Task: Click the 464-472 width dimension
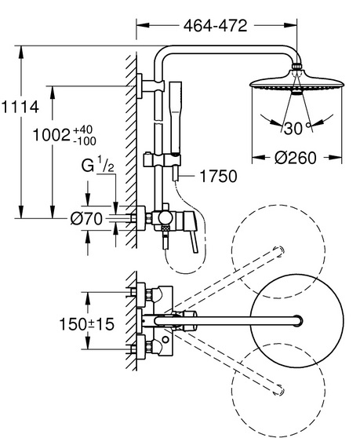tap(215, 26)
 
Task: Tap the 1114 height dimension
tap(20, 107)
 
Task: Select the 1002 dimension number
tap(51, 135)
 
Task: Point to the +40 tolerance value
tap(82, 130)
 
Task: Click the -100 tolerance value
tap(84, 141)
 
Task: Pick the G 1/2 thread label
tap(97, 165)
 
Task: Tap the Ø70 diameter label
tap(86, 218)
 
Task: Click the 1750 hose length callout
tap(219, 176)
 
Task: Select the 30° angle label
tap(297, 129)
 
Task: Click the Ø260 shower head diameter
tap(296, 158)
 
